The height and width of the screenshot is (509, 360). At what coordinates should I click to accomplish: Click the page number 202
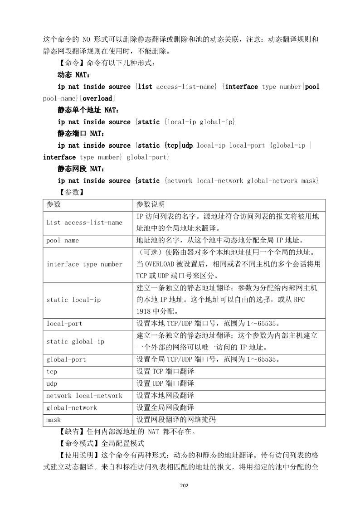click(x=184, y=485)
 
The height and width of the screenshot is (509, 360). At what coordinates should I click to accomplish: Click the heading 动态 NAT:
click(x=74, y=75)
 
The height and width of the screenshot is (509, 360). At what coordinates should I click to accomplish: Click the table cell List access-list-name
click(x=84, y=223)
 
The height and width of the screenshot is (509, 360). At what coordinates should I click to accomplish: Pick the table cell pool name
click(x=63, y=241)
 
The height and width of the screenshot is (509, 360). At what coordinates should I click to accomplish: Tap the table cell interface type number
click(x=84, y=264)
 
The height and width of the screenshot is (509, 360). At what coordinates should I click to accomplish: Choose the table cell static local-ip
click(x=73, y=300)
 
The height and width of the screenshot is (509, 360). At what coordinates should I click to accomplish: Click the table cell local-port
click(x=64, y=324)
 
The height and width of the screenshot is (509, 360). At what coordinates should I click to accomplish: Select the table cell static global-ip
click(x=75, y=342)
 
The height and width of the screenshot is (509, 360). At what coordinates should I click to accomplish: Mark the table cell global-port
click(x=66, y=359)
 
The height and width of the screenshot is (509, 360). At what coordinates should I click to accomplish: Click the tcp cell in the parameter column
click(x=52, y=372)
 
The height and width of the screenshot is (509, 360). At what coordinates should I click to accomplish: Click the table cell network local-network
click(x=84, y=396)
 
